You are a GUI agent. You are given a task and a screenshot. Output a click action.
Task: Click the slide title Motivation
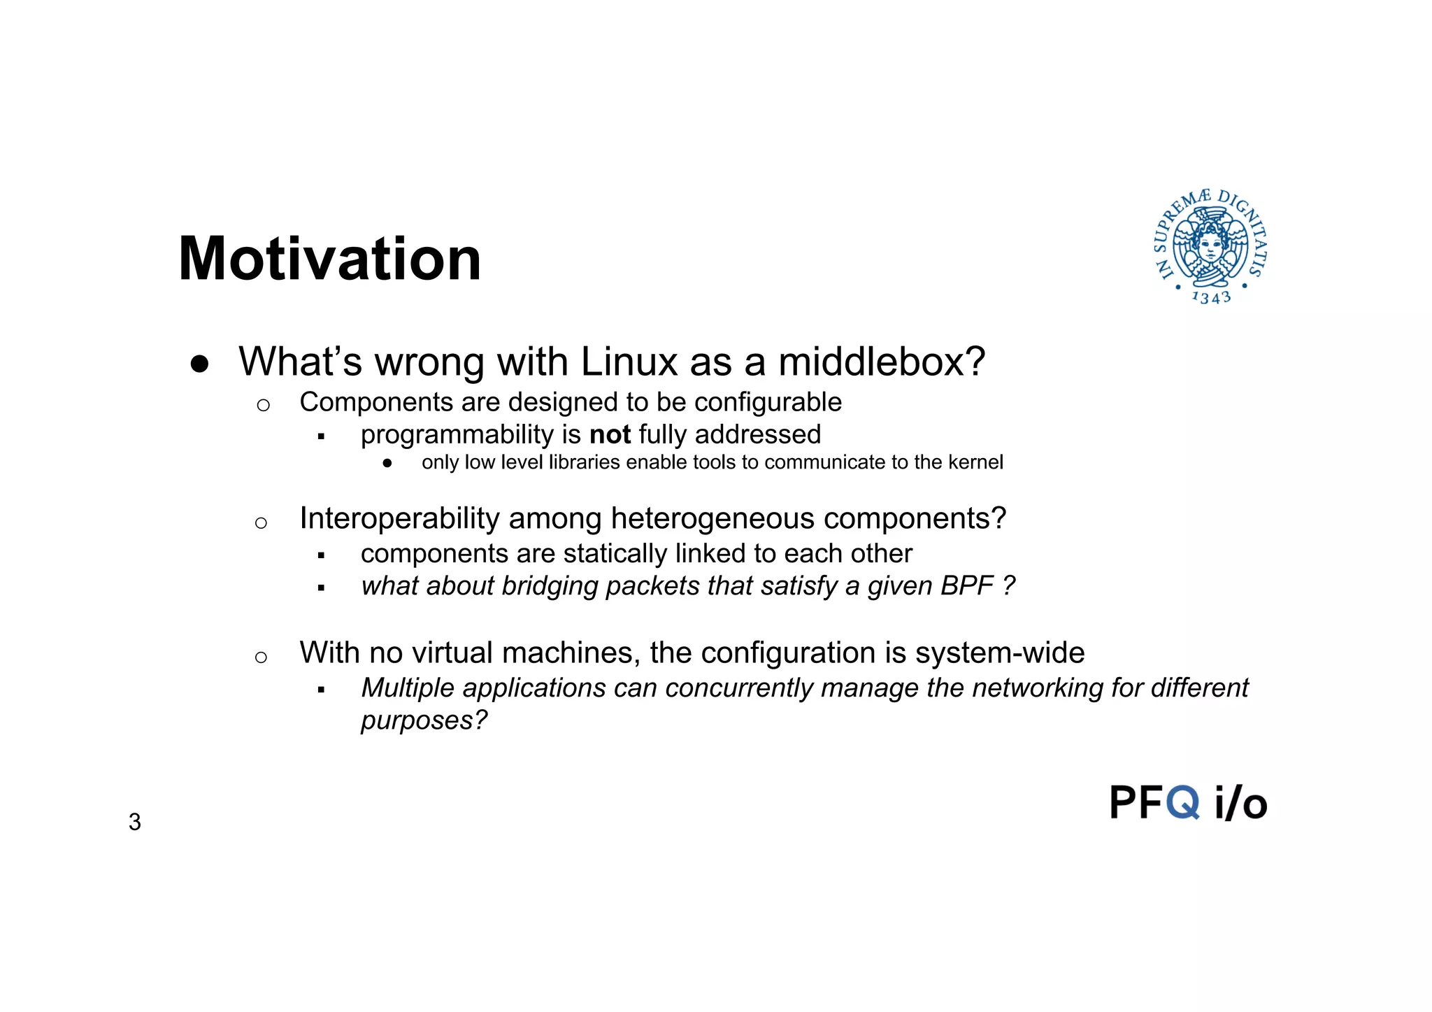point(329,259)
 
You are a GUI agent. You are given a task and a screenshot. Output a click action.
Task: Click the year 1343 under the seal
point(1211,298)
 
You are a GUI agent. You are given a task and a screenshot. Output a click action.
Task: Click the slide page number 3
point(135,822)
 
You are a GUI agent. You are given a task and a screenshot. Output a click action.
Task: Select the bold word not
point(610,435)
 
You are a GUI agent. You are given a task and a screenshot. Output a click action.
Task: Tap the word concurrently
point(738,688)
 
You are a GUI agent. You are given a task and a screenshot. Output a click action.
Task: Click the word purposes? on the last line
point(424,720)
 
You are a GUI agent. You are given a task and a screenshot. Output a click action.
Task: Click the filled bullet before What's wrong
point(199,364)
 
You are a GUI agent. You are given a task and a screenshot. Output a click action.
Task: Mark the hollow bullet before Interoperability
point(261,522)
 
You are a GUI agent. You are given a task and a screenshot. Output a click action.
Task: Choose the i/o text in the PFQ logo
point(1240,803)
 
